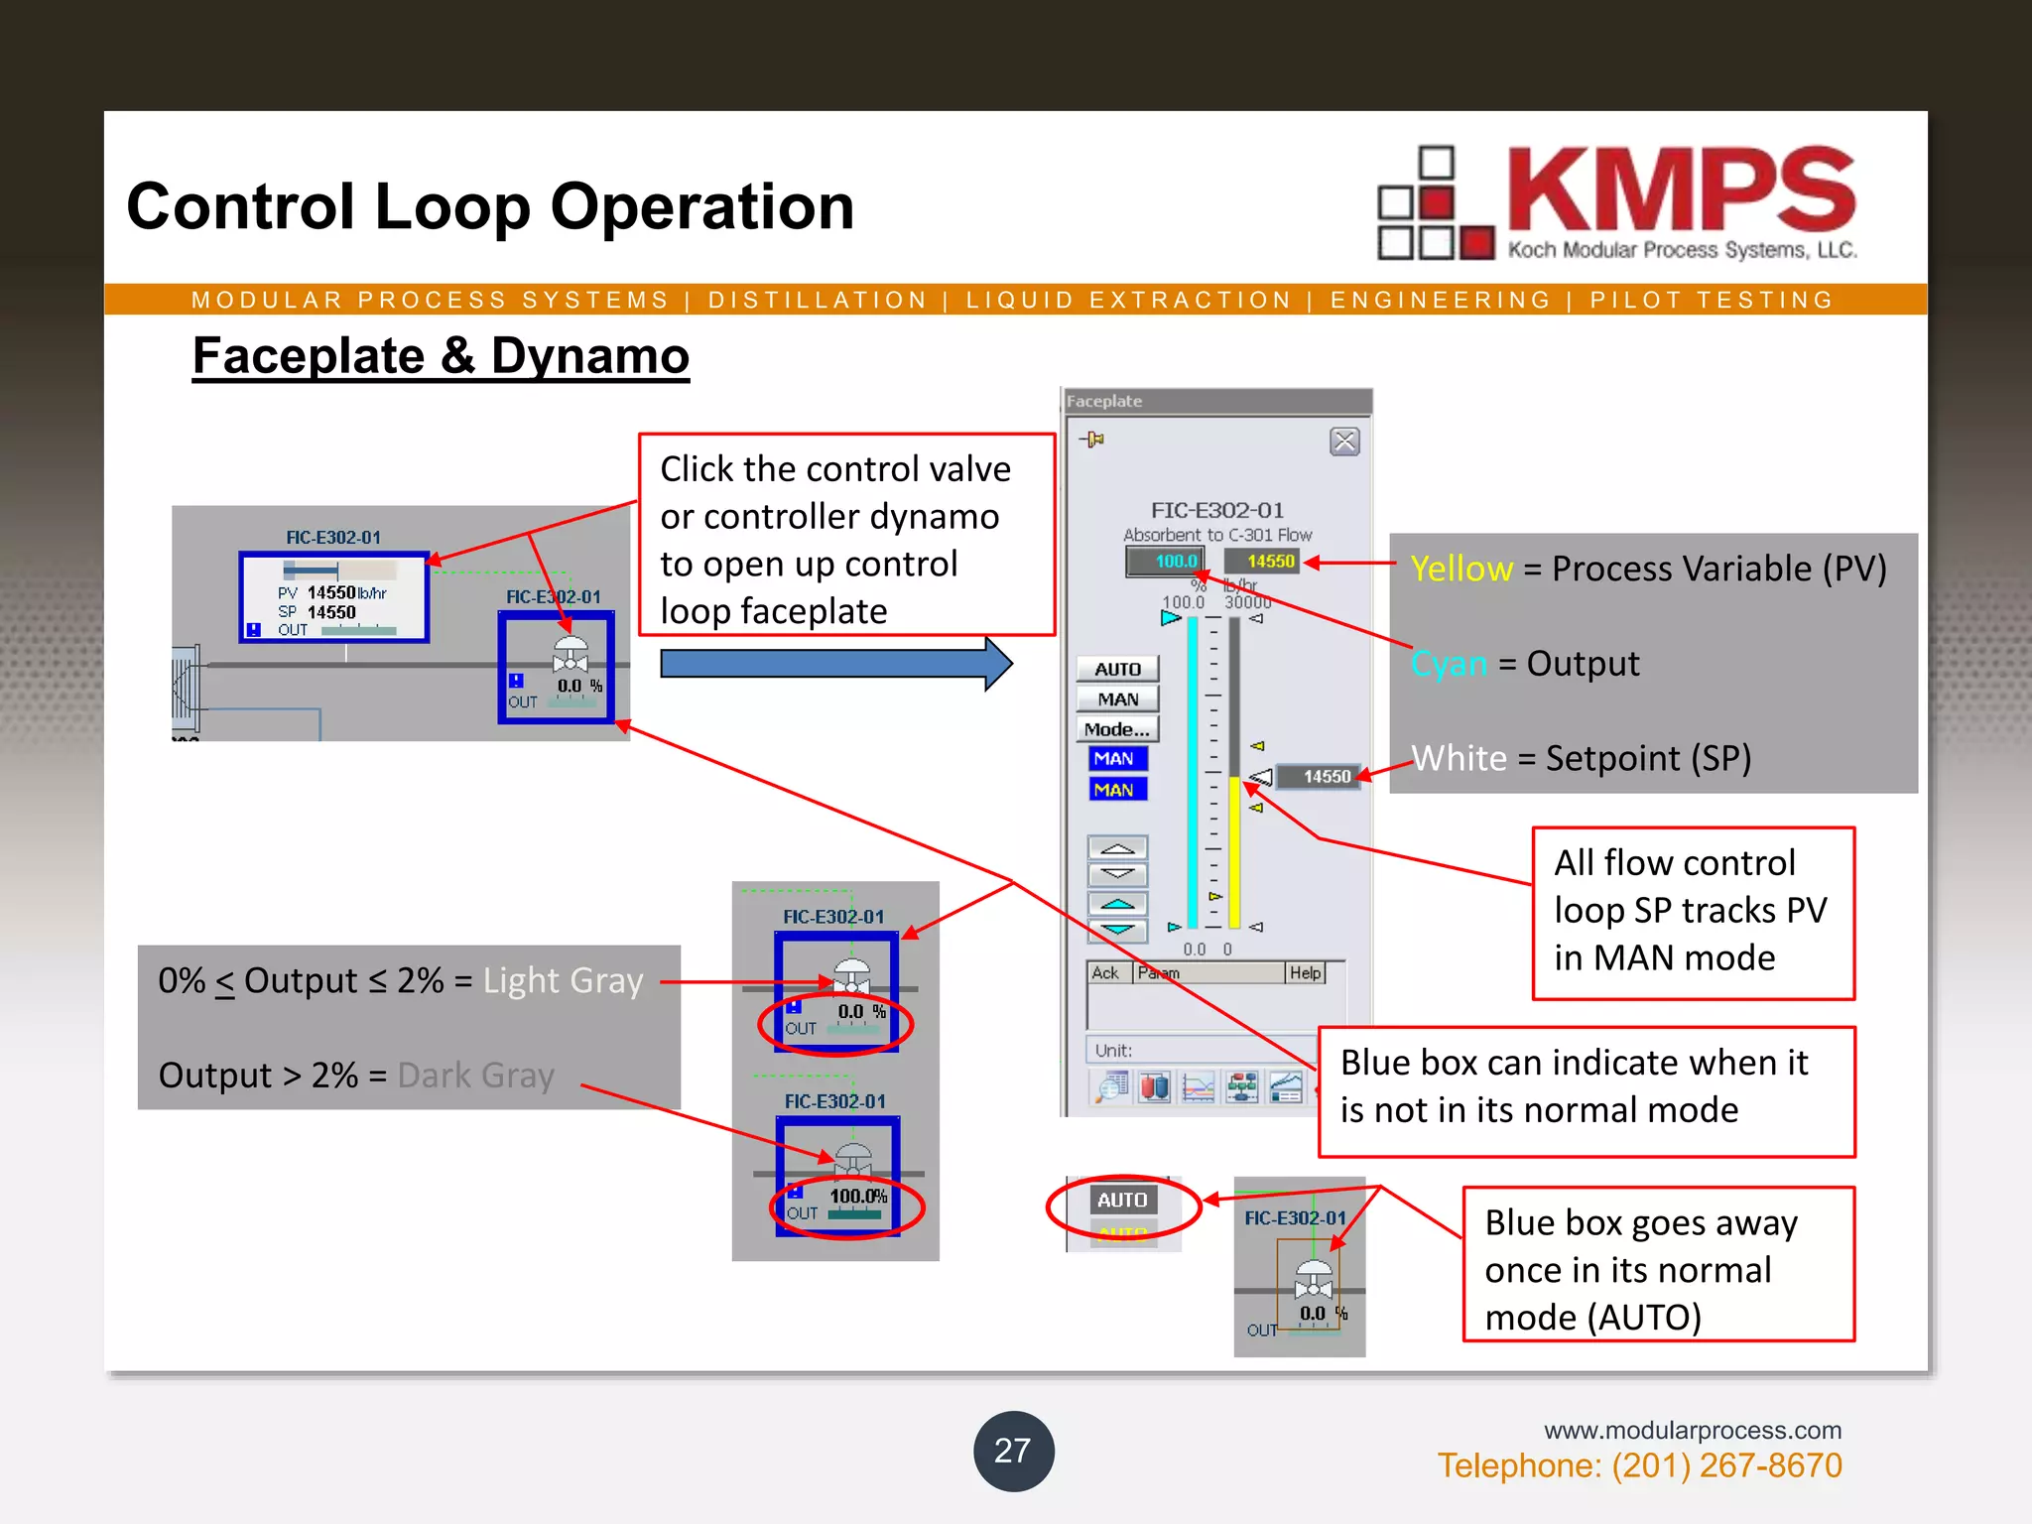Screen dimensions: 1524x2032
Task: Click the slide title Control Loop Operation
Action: coord(490,206)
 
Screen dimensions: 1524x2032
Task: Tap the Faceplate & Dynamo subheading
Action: coord(441,356)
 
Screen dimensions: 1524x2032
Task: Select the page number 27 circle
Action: coord(1013,1451)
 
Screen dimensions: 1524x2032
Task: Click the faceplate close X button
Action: coord(1344,442)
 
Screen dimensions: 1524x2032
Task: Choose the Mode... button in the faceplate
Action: coord(1117,729)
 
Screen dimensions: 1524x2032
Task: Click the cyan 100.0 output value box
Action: coord(1166,562)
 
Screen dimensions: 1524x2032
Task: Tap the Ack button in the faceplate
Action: coord(1105,973)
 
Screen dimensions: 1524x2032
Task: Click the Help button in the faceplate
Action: coord(1305,973)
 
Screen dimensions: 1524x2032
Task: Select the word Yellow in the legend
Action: coord(1461,569)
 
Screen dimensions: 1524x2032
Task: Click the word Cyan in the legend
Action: coord(1450,663)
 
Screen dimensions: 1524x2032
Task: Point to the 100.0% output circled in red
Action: coord(857,1197)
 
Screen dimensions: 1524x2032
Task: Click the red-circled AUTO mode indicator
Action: coord(1122,1201)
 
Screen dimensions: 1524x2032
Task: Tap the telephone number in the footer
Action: coord(1639,1465)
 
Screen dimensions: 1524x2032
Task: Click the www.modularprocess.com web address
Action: coord(1692,1430)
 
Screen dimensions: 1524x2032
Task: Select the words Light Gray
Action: coord(563,980)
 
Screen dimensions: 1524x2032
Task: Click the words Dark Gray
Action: coord(475,1075)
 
